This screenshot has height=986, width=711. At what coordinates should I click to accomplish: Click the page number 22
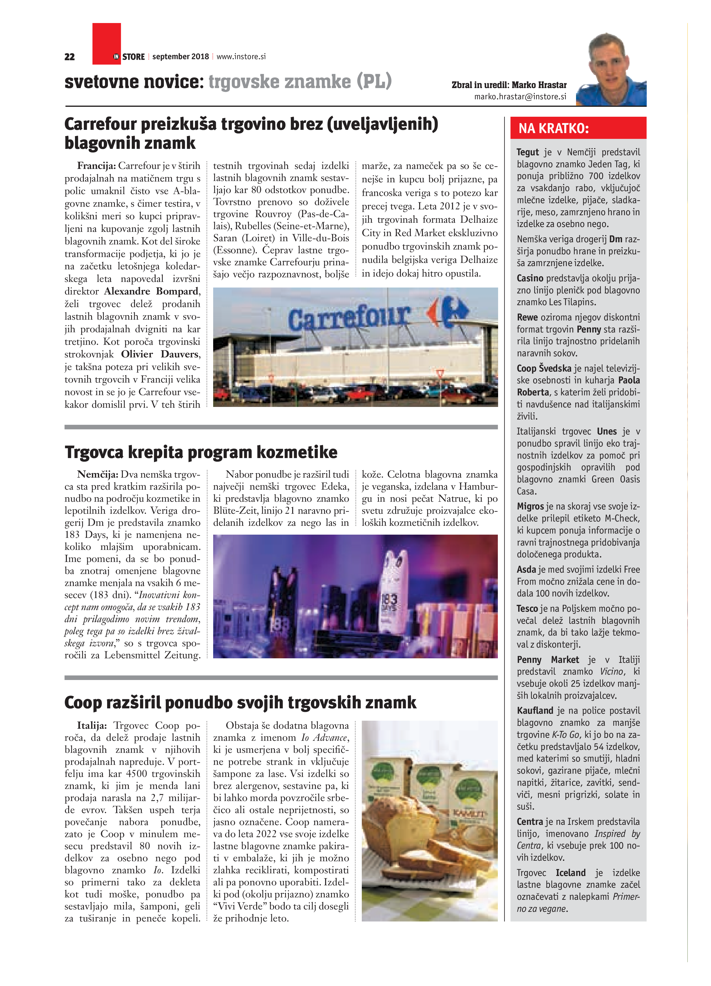[x=70, y=56]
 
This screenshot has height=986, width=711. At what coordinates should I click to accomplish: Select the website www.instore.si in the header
[x=241, y=56]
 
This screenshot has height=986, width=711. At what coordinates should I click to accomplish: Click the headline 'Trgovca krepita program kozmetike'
[x=201, y=452]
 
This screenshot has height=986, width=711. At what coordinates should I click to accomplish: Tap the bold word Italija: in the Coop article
[x=92, y=726]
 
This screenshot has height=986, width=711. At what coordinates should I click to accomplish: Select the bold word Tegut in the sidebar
[x=528, y=152]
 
